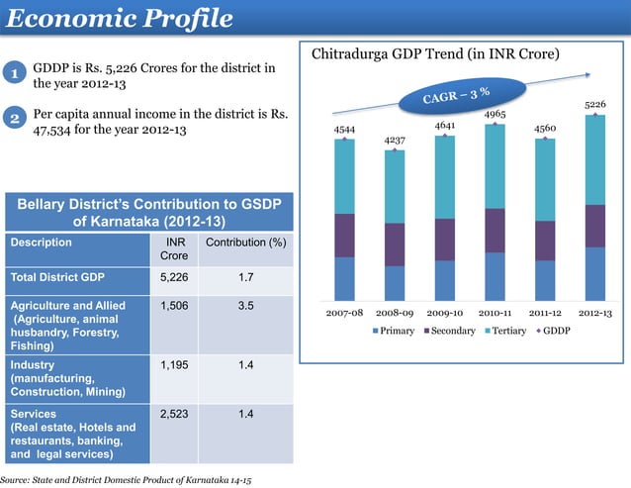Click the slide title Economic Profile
pyautogui.click(x=119, y=19)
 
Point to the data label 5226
pyautogui.click(x=595, y=104)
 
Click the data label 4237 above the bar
pyautogui.click(x=394, y=141)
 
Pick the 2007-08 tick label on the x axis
pyautogui.click(x=344, y=313)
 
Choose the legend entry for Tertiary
pyautogui.click(x=509, y=330)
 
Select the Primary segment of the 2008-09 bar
pyautogui.click(x=394, y=282)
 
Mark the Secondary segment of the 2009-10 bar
pyautogui.click(x=444, y=240)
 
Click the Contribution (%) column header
pyautogui.click(x=245, y=243)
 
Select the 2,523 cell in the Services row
pyautogui.click(x=174, y=414)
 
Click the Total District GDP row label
pyautogui.click(x=58, y=278)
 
